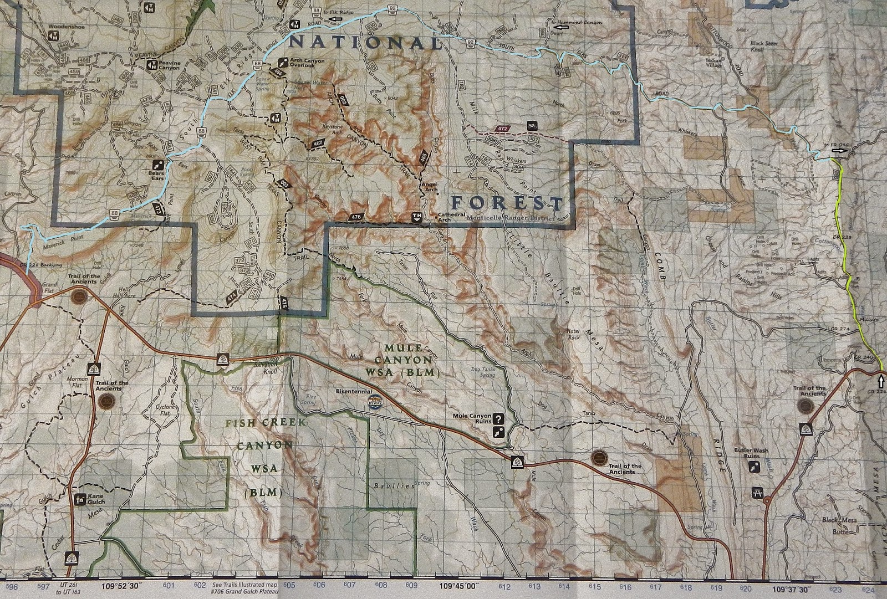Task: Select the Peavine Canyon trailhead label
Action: [169, 65]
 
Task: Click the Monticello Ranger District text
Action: [511, 218]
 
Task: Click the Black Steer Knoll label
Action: [764, 47]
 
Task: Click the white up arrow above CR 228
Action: [881, 381]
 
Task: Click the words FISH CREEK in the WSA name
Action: [265, 423]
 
